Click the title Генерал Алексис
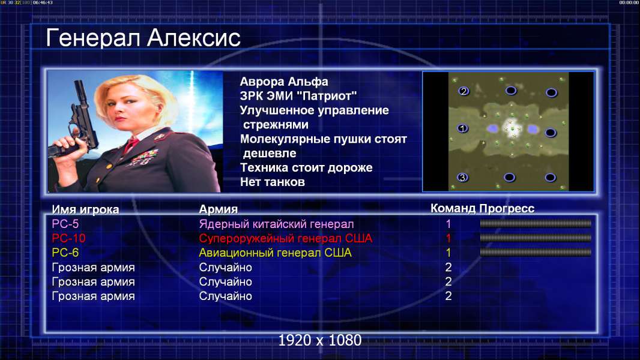(143, 38)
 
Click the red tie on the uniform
(131, 145)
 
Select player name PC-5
(65, 224)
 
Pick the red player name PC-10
(68, 238)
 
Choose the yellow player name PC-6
(65, 253)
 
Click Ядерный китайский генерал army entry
(276, 224)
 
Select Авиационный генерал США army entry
(275, 253)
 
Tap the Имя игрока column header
(85, 209)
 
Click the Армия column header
(219, 209)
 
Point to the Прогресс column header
(507, 209)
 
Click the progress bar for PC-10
(536, 238)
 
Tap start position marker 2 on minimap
(463, 91)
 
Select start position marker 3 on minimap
(462, 178)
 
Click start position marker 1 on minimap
(462, 128)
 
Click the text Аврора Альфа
(283, 82)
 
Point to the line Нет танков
(272, 182)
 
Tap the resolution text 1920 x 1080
(320, 340)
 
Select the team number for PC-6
(448, 253)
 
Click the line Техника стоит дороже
(306, 167)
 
